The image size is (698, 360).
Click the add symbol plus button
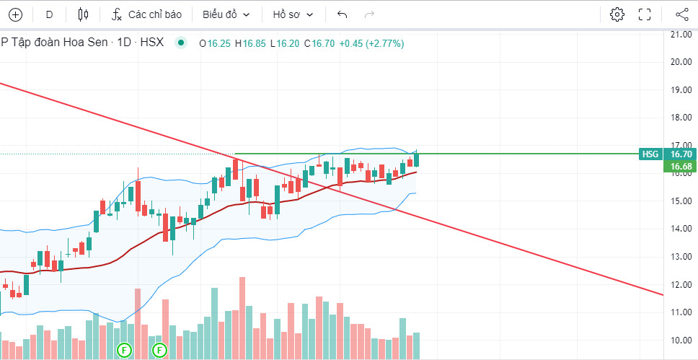click(x=15, y=14)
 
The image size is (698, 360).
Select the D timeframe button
click(x=49, y=14)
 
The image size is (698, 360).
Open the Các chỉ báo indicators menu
click(x=146, y=14)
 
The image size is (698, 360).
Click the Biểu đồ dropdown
click(x=226, y=14)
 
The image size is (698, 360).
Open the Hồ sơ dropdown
click(x=293, y=14)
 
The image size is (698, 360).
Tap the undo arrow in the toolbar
click(x=342, y=14)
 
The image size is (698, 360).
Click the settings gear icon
click(x=617, y=14)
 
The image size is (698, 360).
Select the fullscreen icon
click(x=645, y=14)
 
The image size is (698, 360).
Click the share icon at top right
click(x=681, y=14)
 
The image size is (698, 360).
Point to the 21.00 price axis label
click(x=681, y=34)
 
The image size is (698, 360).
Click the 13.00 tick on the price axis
click(x=681, y=257)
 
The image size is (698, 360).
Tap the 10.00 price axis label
click(x=681, y=341)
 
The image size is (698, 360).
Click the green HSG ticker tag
click(x=650, y=154)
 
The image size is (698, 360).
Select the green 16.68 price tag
click(x=681, y=167)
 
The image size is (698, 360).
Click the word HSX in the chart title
click(x=152, y=43)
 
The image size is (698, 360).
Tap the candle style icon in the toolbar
click(x=83, y=14)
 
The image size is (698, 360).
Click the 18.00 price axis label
click(x=681, y=118)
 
